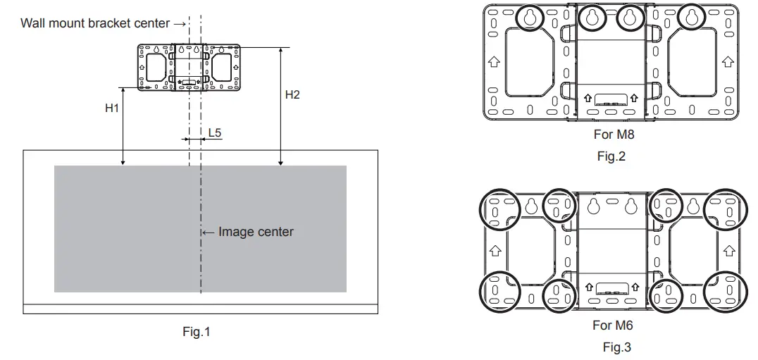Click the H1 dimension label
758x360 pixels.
112,108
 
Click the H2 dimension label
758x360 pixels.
292,94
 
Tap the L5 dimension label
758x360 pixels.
215,132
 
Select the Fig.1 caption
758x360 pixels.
197,332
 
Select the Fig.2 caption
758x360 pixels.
611,156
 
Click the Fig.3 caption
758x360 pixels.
617,347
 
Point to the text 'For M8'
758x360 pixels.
614,135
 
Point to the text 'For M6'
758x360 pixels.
613,325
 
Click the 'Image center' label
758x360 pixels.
256,232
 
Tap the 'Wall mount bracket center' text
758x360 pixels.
95,23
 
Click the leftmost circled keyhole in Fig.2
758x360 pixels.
530,18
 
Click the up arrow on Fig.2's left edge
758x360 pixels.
494,62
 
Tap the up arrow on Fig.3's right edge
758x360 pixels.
729,251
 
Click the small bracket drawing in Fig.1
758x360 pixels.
189,68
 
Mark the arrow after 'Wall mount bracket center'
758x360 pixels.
180,23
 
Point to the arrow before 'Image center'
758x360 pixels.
209,232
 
